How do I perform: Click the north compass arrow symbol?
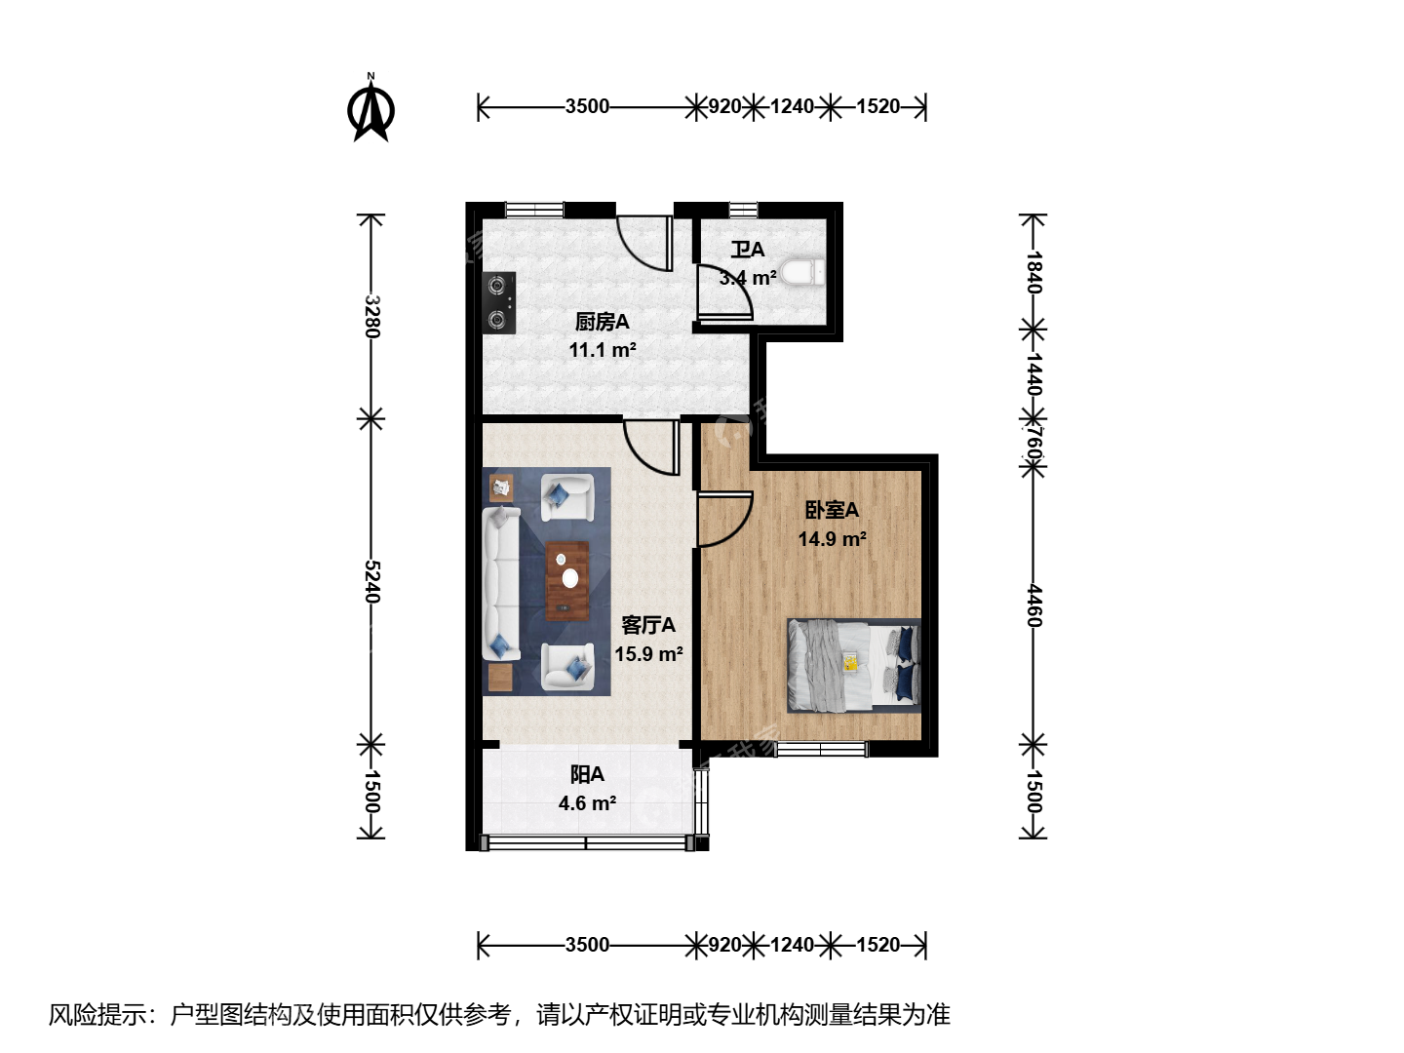click(371, 107)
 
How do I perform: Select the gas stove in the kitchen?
click(499, 302)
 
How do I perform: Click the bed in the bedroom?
click(854, 665)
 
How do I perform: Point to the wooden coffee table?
click(567, 580)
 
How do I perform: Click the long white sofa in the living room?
click(501, 584)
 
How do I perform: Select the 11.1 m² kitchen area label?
click(603, 350)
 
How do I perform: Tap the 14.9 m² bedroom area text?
click(833, 539)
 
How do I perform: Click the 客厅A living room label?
click(648, 625)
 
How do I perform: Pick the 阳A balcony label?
click(587, 774)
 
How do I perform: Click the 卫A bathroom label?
click(748, 250)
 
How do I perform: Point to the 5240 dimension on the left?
click(371, 582)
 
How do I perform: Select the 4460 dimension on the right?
click(1034, 605)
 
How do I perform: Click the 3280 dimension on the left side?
click(371, 317)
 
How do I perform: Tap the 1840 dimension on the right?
click(1034, 272)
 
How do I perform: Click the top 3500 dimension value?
click(587, 106)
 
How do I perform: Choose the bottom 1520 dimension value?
click(878, 945)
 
